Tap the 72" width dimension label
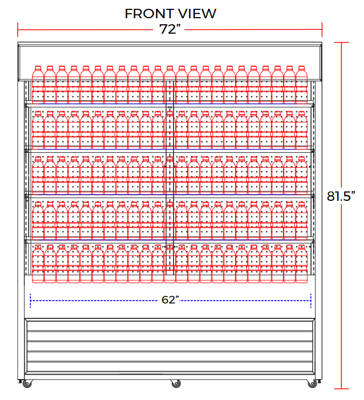[171, 30]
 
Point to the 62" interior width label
[171, 300]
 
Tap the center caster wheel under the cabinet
[175, 382]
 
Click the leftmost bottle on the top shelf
[37, 85]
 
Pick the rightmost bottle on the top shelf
[301, 85]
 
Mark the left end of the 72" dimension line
[18, 29]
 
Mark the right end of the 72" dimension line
[323, 29]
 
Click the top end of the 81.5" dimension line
[342, 42]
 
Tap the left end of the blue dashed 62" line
[30, 301]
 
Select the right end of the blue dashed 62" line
[311, 301]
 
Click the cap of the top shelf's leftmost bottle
[37, 68]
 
